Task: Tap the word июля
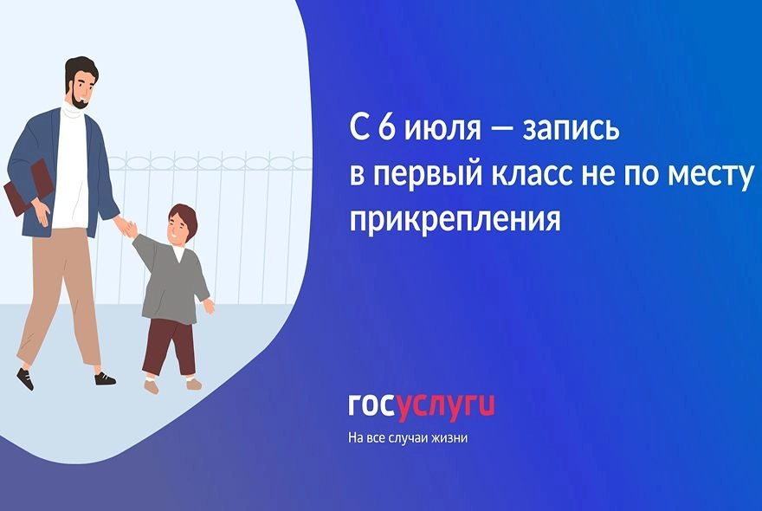point(442,130)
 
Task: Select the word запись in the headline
point(571,130)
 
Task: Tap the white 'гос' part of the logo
point(371,406)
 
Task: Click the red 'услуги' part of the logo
point(444,407)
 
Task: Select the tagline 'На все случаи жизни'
point(408,438)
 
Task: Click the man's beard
point(79,100)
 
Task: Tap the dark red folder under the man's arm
point(29,188)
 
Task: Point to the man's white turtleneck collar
point(74,111)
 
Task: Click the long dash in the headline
point(501,131)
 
